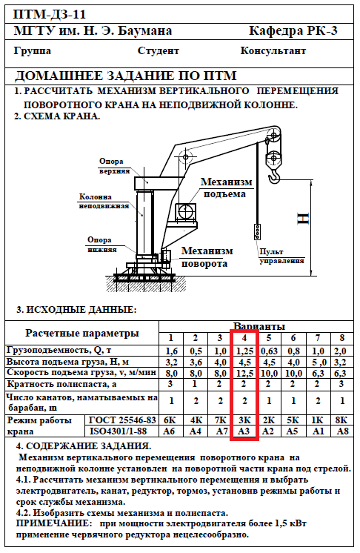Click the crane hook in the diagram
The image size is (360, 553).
click(x=274, y=175)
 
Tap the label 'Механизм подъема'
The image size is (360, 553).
click(x=227, y=188)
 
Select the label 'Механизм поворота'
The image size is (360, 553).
click(x=207, y=257)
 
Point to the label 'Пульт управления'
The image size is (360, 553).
click(x=281, y=256)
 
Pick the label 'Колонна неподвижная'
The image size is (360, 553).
click(x=104, y=201)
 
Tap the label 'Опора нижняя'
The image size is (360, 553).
click(x=101, y=245)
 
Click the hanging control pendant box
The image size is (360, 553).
click(x=258, y=231)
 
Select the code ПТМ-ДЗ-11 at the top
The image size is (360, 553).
click(x=50, y=15)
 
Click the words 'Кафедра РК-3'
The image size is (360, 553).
click(x=293, y=31)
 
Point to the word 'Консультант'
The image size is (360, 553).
click(x=273, y=51)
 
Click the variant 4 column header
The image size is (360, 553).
click(x=244, y=338)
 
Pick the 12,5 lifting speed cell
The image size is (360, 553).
click(x=244, y=373)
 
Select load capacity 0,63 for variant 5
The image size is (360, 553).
click(x=269, y=351)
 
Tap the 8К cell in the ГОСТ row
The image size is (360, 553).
click(x=342, y=420)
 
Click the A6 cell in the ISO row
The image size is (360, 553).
click(x=170, y=431)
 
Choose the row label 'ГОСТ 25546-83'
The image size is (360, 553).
click(x=122, y=420)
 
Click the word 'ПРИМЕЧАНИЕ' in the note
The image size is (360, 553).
click(x=52, y=523)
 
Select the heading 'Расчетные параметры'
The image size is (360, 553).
click(x=82, y=334)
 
